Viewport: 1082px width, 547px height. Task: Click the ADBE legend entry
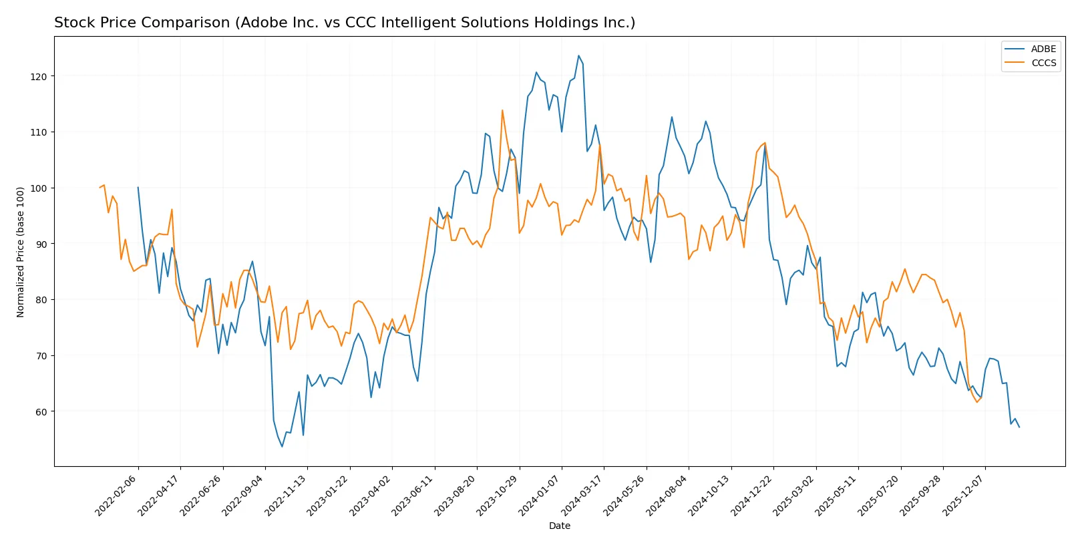pyautogui.click(x=1043, y=49)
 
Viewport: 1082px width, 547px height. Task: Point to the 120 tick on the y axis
pyautogui.click(x=39, y=77)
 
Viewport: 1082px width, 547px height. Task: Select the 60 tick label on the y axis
pyautogui.click(x=39, y=411)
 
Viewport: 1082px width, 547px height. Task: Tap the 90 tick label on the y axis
pyautogui.click(x=39, y=244)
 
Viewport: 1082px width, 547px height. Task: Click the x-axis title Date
pyautogui.click(x=559, y=526)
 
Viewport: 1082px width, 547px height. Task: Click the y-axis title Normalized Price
pyautogui.click(x=21, y=252)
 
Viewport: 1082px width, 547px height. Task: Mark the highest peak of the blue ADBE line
pyautogui.click(x=578, y=55)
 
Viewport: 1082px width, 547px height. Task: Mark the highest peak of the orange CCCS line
pyautogui.click(x=502, y=110)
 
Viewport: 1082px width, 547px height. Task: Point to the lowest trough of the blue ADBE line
pyautogui.click(x=282, y=447)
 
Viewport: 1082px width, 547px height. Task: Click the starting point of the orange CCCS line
pyautogui.click(x=100, y=188)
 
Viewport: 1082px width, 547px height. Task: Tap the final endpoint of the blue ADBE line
pyautogui.click(x=1019, y=427)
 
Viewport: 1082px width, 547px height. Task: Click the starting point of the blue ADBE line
pyautogui.click(x=138, y=188)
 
